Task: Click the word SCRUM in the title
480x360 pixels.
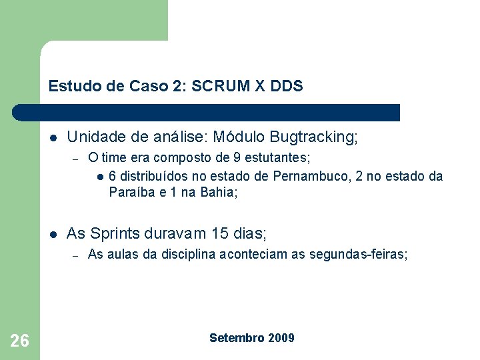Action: pos(220,86)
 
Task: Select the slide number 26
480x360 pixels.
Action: pos(20,341)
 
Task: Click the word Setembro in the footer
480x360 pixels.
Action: pos(237,338)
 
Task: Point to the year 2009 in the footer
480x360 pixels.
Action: pos(281,338)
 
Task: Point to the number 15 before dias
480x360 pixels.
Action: pos(219,233)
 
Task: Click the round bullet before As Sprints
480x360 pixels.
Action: pos(53,235)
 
